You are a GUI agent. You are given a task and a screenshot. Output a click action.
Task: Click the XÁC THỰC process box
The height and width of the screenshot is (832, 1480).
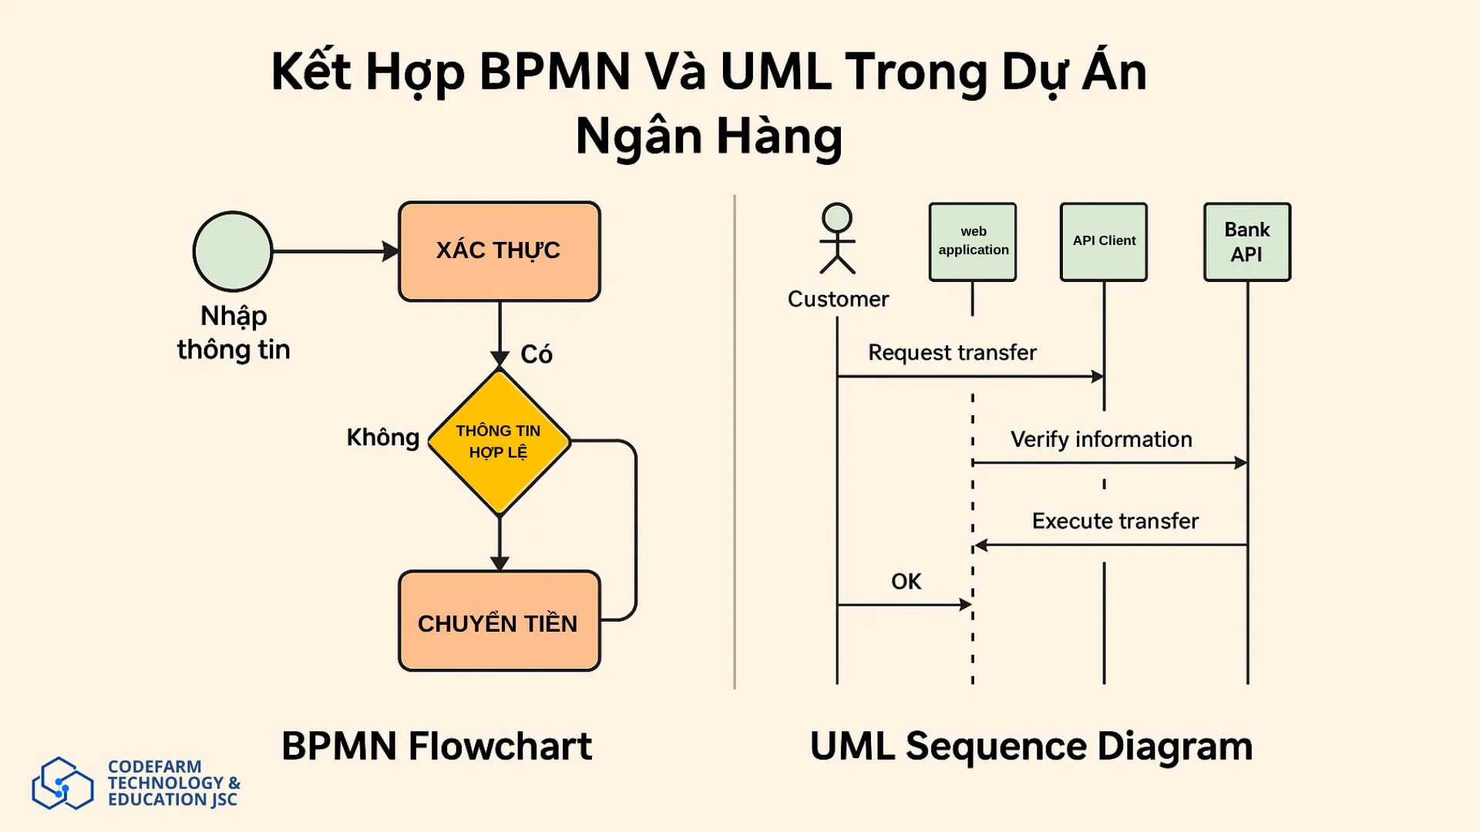499,251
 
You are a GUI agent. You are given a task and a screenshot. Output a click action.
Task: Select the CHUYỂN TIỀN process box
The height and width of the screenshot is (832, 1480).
499,621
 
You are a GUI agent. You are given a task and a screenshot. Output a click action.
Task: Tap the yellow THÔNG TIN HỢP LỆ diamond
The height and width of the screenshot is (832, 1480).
499,441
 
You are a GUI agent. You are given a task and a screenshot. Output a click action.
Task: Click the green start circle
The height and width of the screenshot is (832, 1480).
233,251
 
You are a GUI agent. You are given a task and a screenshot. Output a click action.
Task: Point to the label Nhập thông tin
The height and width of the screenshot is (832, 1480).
234,333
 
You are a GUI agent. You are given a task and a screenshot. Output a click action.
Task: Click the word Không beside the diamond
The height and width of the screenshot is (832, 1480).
382,438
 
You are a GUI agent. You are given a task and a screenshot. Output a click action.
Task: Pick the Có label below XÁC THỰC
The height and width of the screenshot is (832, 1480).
536,354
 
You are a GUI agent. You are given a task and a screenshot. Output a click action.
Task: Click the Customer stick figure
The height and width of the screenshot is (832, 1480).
837,239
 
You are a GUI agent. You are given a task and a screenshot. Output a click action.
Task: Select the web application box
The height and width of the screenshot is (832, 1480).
973,241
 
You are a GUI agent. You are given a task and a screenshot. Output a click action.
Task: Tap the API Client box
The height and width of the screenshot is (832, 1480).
1104,241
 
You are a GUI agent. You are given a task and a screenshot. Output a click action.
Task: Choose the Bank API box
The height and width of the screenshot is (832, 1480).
1246,241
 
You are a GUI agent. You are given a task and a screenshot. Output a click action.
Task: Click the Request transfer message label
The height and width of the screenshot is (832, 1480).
952,353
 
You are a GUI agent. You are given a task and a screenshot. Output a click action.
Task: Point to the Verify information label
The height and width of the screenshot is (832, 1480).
1101,440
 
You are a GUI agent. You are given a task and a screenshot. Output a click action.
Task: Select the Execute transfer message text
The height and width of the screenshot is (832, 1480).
1115,522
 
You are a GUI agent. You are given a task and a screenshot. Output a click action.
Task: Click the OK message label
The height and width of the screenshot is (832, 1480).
906,582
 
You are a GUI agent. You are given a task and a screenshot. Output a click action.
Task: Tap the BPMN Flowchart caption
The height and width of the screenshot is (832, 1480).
436,746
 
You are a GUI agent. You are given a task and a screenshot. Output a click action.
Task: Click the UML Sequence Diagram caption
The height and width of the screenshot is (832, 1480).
1031,746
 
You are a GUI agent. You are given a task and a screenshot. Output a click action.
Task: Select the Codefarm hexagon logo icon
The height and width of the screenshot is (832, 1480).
62,783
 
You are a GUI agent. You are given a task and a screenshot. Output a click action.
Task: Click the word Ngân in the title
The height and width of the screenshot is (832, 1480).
638,136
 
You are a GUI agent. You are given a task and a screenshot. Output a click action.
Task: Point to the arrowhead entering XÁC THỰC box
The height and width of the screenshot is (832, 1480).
391,251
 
